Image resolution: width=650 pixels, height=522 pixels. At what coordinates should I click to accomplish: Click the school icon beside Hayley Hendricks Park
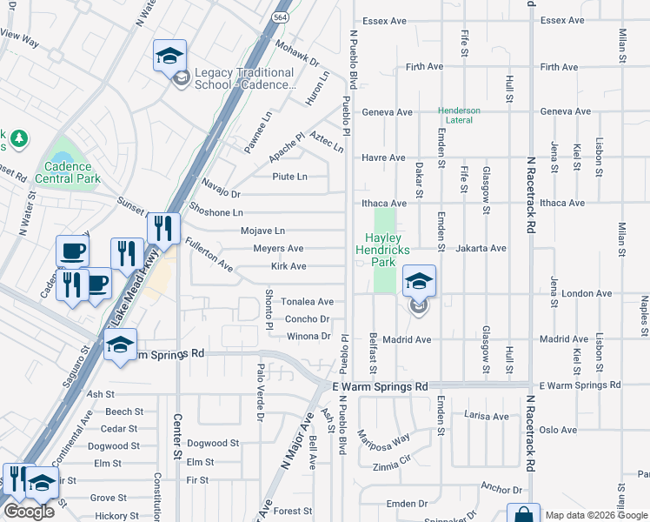click(418, 282)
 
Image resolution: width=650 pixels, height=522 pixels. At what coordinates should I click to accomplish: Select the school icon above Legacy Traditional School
click(170, 57)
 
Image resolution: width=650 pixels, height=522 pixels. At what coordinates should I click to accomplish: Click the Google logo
click(29, 512)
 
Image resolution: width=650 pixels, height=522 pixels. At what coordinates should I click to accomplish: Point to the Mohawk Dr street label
click(297, 55)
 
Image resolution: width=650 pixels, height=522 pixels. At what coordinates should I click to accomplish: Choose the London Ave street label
click(588, 294)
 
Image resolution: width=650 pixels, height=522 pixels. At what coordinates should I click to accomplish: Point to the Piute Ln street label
click(290, 177)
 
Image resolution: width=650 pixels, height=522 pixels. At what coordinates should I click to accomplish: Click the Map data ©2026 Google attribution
click(596, 515)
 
